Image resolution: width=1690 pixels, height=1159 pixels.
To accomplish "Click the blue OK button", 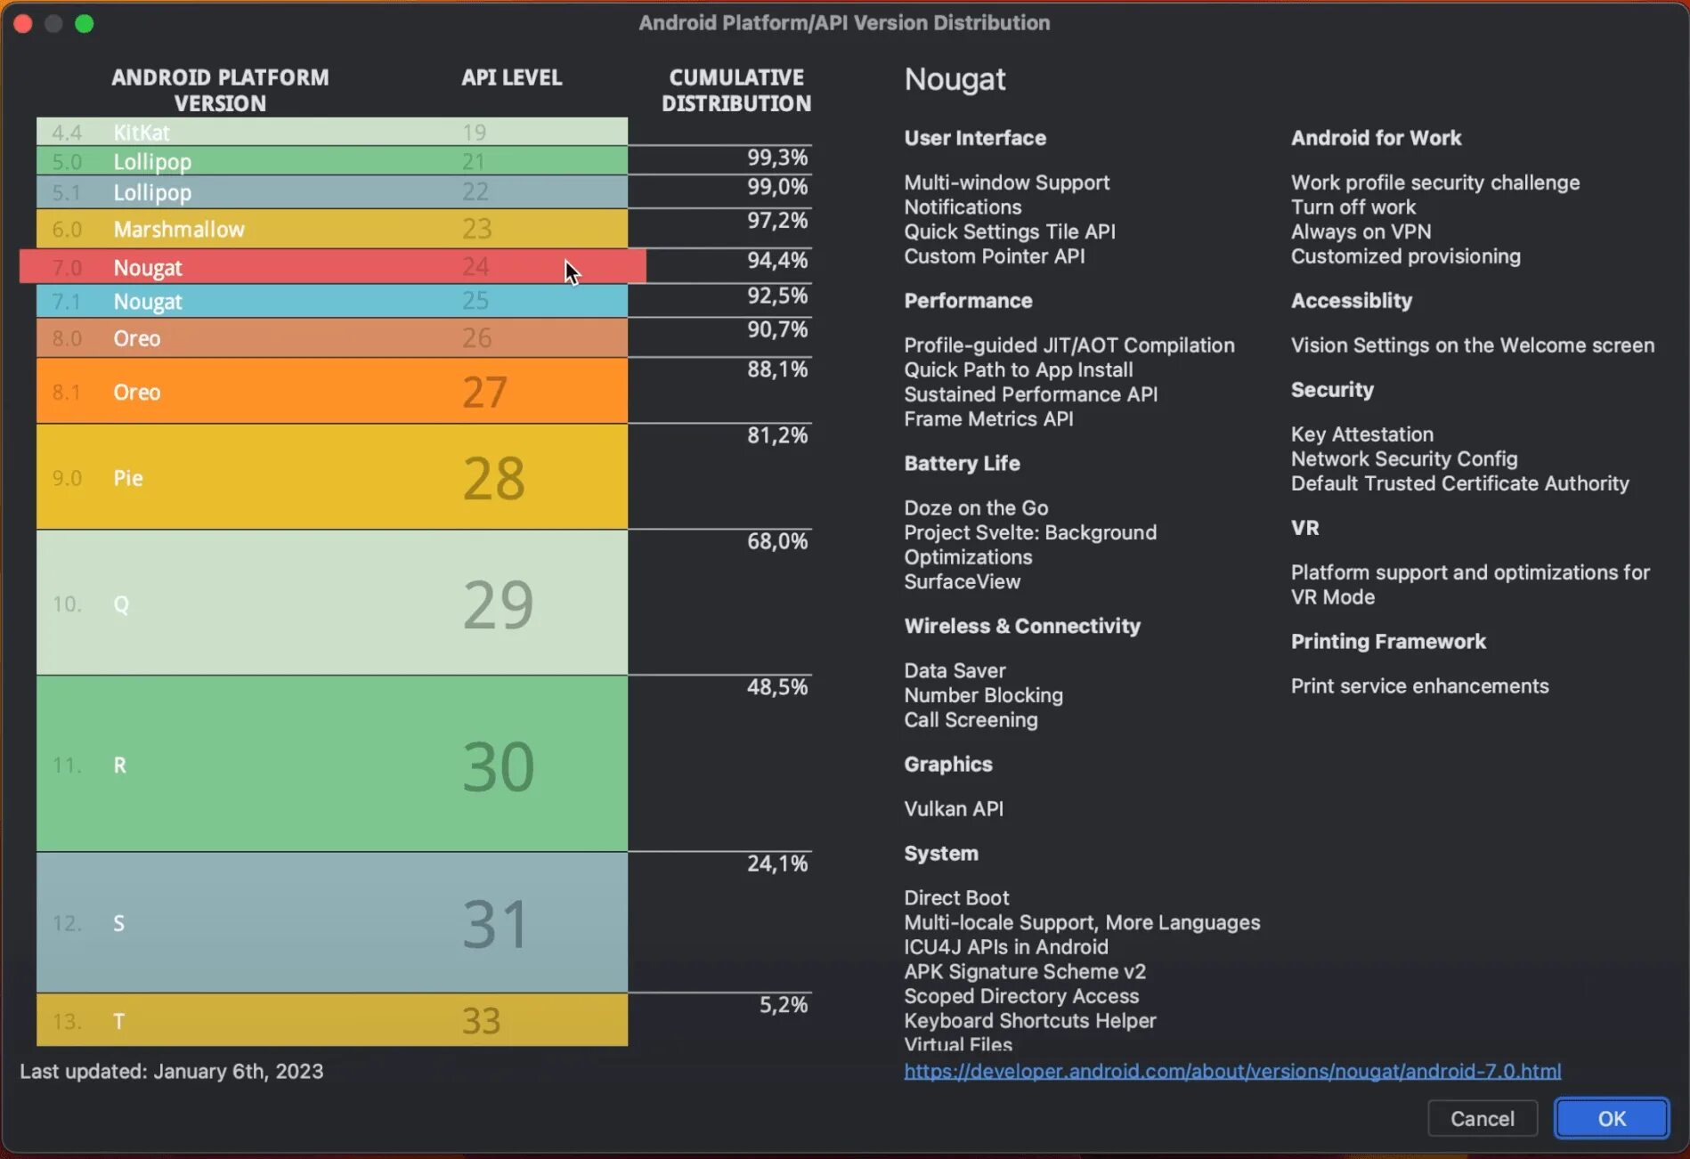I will click(1611, 1118).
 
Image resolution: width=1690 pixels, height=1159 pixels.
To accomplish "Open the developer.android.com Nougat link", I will click(1232, 1071).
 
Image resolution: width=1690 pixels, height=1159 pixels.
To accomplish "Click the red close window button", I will click(23, 23).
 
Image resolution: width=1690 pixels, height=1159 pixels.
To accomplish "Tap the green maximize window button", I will click(85, 23).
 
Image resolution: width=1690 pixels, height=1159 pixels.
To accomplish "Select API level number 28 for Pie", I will click(493, 478).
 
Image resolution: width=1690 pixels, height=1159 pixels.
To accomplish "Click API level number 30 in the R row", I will click(498, 766).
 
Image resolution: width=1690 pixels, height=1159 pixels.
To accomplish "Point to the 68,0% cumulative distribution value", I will click(776, 541).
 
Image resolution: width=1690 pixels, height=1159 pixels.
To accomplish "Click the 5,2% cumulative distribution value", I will click(783, 1005).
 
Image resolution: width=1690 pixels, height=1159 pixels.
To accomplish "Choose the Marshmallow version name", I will click(179, 230).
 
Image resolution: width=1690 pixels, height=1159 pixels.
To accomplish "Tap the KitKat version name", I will click(142, 133).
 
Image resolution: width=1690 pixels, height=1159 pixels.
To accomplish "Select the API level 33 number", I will click(481, 1021).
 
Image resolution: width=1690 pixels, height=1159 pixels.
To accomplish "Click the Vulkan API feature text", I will click(954, 808).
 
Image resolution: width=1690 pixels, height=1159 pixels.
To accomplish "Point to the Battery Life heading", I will click(962, 463).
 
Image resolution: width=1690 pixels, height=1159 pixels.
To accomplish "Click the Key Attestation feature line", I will click(1361, 434).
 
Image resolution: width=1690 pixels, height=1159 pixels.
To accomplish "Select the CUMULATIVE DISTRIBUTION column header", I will click(735, 91).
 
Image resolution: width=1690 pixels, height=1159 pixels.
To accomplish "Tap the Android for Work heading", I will click(1376, 138).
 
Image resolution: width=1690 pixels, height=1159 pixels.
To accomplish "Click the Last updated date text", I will click(172, 1071).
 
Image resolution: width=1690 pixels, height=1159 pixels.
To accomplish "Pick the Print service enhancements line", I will click(1419, 686).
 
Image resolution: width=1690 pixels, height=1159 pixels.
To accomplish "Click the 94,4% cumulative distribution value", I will click(776, 260).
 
